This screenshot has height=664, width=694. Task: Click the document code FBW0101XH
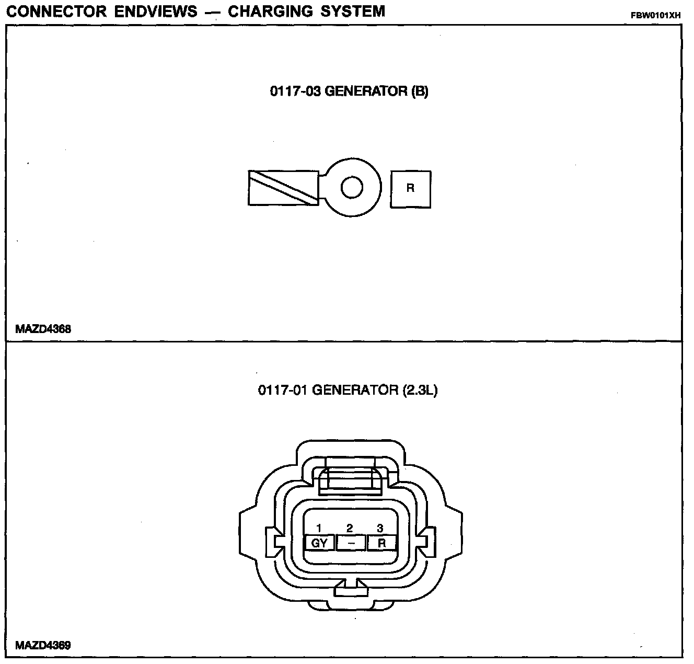tap(656, 15)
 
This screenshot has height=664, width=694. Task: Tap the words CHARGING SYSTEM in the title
tap(306, 11)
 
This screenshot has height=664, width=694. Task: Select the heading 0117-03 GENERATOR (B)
tap(349, 91)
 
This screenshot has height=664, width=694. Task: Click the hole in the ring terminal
tap(352, 187)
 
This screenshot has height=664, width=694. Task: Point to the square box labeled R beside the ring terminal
tap(411, 189)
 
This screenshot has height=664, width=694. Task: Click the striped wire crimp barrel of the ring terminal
tap(283, 188)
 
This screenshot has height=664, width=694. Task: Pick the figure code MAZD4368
tap(43, 329)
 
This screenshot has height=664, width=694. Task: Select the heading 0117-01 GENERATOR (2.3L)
tap(347, 390)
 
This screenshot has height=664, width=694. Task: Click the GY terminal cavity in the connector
tap(319, 543)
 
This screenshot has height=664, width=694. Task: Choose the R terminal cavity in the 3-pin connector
tap(381, 543)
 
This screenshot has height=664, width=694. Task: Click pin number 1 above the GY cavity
tap(319, 529)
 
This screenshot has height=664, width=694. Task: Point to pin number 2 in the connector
tap(350, 529)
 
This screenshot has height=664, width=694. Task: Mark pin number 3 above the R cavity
tap(380, 529)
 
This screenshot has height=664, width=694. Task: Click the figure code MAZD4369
tap(43, 645)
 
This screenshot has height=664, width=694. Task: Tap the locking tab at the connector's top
tap(350, 475)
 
